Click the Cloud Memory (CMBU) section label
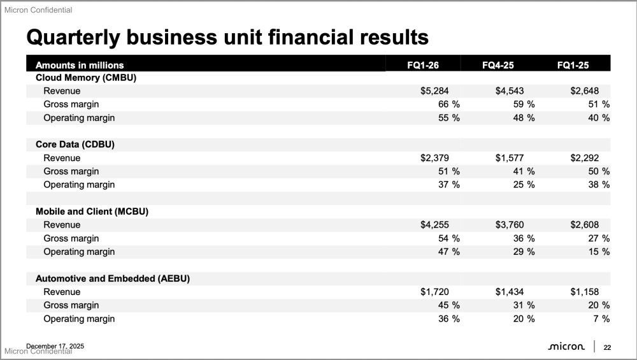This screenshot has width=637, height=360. pyautogui.click(x=87, y=78)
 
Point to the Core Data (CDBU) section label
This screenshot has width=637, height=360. pyautogui.click(x=75, y=144)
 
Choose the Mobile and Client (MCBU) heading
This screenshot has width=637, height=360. pyautogui.click(x=92, y=211)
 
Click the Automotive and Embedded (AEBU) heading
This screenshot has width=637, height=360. pyautogui.click(x=113, y=278)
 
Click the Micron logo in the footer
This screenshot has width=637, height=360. pyautogui.click(x=566, y=347)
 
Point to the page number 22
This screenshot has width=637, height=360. pyautogui.click(x=607, y=347)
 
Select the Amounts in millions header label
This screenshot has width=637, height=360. pyautogui.click(x=80, y=65)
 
